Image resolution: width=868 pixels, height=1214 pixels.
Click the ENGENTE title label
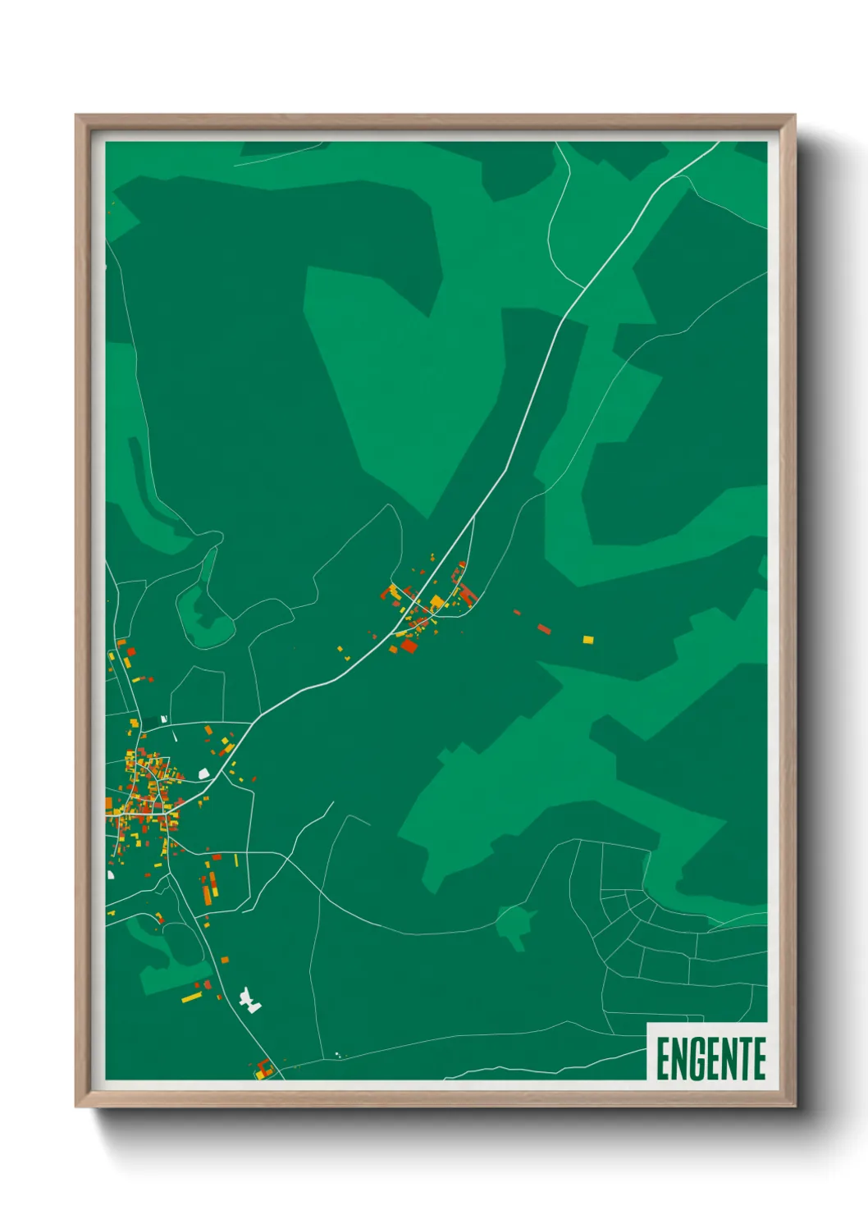[710, 1058]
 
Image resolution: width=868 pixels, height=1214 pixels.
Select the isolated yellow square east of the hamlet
[587, 639]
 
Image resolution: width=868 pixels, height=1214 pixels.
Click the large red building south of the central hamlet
[409, 646]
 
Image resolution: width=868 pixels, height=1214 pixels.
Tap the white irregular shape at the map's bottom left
[249, 1001]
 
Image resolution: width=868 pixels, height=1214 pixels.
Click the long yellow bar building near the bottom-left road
[191, 997]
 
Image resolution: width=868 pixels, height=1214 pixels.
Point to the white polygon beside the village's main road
[203, 773]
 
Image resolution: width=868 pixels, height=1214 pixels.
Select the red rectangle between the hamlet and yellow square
[544, 629]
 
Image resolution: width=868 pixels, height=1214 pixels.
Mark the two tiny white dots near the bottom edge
[337, 1055]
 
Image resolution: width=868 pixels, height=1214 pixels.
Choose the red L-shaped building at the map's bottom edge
[263, 1068]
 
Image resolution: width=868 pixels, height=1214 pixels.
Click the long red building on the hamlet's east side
[468, 594]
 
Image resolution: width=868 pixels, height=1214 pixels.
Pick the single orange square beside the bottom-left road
[224, 960]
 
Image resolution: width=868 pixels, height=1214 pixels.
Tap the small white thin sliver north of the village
[164, 719]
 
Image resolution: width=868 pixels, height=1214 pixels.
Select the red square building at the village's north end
[130, 652]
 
